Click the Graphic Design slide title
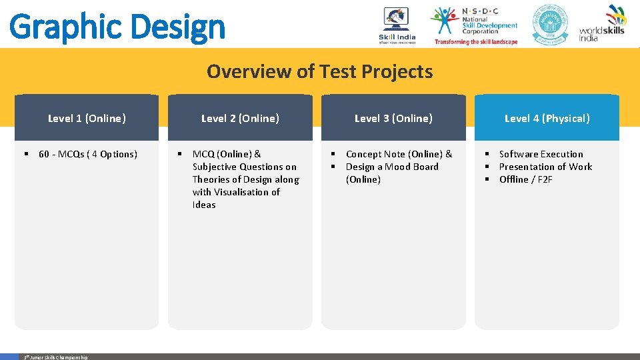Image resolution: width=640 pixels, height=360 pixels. pos(117,27)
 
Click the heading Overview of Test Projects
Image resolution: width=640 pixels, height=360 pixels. pos(319,71)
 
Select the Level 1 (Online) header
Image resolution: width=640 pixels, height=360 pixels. pos(87,119)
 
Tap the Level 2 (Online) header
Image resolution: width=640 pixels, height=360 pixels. pos(240,119)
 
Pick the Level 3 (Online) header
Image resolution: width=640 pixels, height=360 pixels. pos(393,119)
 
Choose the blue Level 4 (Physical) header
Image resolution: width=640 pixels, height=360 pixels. pos(547,119)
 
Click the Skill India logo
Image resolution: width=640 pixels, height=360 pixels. pos(397,25)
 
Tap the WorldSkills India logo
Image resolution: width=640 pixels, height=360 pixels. pos(603,23)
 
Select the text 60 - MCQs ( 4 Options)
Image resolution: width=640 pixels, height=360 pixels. pos(87,154)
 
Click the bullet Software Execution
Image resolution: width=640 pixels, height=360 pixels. pos(541,154)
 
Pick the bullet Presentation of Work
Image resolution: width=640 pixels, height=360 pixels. pos(545,167)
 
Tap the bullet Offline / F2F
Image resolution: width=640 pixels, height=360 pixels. pos(525,179)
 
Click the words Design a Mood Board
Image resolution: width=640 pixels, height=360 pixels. pos(392,167)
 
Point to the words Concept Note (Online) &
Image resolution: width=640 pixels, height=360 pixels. pos(399,154)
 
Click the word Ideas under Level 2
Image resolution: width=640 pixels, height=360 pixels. pos(204,205)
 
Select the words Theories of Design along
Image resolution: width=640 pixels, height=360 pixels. pos(245,179)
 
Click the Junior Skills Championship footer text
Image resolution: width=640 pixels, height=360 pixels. pos(56,357)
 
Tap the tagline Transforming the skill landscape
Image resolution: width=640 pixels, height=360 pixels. pos(475,41)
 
